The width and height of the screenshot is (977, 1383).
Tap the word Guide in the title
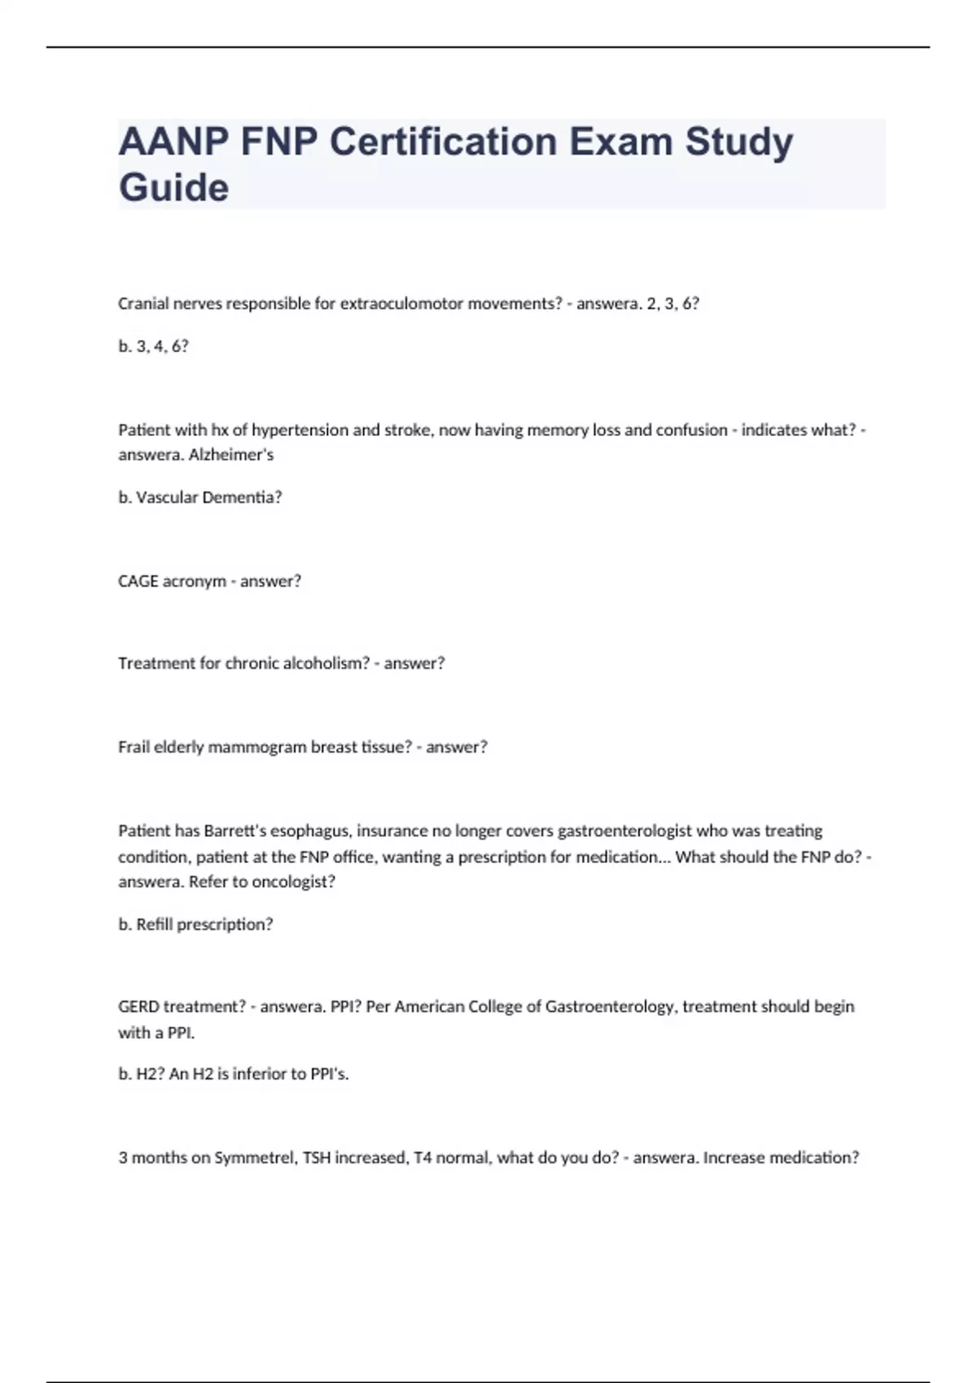(173, 188)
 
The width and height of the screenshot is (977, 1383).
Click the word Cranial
(143, 304)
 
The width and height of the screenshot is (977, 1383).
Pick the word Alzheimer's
(231, 456)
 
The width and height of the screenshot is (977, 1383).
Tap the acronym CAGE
(138, 582)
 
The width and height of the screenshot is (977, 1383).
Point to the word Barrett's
(234, 831)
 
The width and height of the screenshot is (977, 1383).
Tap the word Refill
(154, 925)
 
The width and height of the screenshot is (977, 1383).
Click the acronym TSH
(318, 1158)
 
